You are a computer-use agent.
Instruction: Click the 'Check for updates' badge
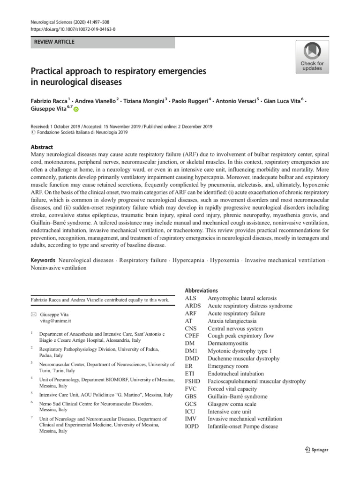pos(312,57)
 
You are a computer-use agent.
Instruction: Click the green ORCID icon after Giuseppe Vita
pos(76,109)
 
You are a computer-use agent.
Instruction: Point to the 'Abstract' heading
pos(42,147)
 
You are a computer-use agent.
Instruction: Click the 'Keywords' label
pos(44,260)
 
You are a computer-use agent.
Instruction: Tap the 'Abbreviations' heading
pos(202,291)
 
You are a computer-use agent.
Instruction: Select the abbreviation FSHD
pos(194,381)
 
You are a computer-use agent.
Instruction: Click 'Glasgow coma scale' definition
pos(232,404)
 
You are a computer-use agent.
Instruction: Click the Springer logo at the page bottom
pos(317,450)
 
